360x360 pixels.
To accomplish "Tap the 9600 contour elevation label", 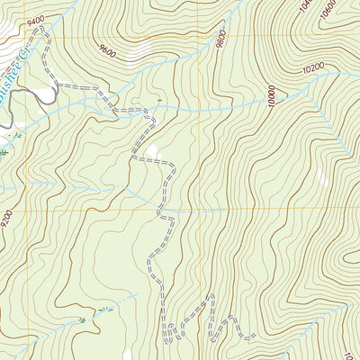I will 108,52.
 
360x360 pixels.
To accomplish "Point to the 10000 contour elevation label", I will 272,94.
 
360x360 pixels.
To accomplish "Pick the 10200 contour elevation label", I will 312,67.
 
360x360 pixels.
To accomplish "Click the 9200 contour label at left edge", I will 7,219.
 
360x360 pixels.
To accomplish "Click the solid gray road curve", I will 45,93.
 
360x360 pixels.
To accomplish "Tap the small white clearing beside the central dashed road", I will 151,149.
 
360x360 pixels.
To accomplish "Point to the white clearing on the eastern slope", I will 321,177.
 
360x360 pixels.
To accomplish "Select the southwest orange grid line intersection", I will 28,212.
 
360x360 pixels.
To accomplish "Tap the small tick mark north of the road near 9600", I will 160,98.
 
